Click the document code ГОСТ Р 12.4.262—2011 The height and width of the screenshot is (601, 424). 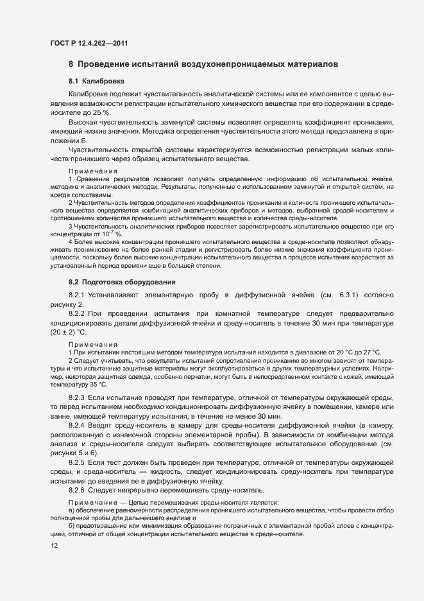tap(92, 43)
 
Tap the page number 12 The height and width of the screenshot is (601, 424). tap(53, 546)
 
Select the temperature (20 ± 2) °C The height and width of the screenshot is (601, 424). tap(67, 332)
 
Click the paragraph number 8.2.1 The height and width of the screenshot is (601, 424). tap(80, 295)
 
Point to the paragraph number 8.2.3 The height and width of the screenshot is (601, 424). tap(80, 399)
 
